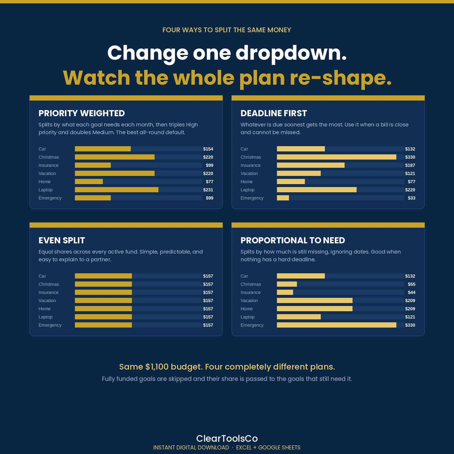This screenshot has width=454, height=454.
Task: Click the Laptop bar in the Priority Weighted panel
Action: click(x=117, y=190)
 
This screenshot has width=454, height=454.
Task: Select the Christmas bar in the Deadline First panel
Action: click(x=336, y=157)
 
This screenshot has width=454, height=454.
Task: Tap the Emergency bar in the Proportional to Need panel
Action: click(x=336, y=325)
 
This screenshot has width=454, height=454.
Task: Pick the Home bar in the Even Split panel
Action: click(x=103, y=309)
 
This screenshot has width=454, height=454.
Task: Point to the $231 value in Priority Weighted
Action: click(x=208, y=190)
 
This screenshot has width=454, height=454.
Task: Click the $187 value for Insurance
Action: click(x=410, y=165)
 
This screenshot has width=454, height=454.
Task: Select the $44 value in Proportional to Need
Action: click(x=411, y=292)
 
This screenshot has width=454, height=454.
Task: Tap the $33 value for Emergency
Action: click(x=411, y=198)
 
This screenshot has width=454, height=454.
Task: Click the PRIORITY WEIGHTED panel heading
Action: click(x=81, y=113)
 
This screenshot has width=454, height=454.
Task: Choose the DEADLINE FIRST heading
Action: click(x=274, y=113)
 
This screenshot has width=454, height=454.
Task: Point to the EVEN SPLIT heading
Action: click(x=62, y=240)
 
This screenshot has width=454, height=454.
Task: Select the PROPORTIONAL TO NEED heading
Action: click(x=292, y=240)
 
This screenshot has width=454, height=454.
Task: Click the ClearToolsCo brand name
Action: click(x=227, y=438)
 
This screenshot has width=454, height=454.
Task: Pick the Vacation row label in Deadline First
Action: click(x=249, y=173)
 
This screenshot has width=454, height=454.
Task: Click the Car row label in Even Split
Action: click(x=42, y=276)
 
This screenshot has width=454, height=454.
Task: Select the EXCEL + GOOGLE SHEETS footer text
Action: click(x=268, y=448)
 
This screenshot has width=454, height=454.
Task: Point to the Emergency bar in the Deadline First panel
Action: click(x=283, y=198)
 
